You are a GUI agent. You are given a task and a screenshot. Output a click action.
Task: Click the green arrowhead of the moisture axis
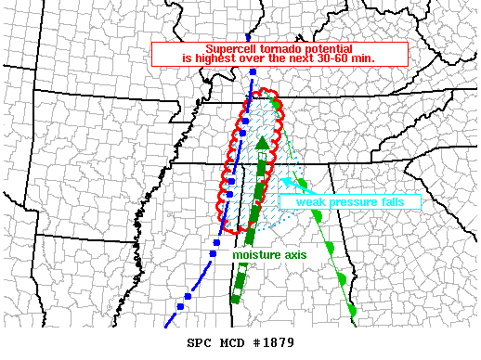pyautogui.click(x=263, y=143)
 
